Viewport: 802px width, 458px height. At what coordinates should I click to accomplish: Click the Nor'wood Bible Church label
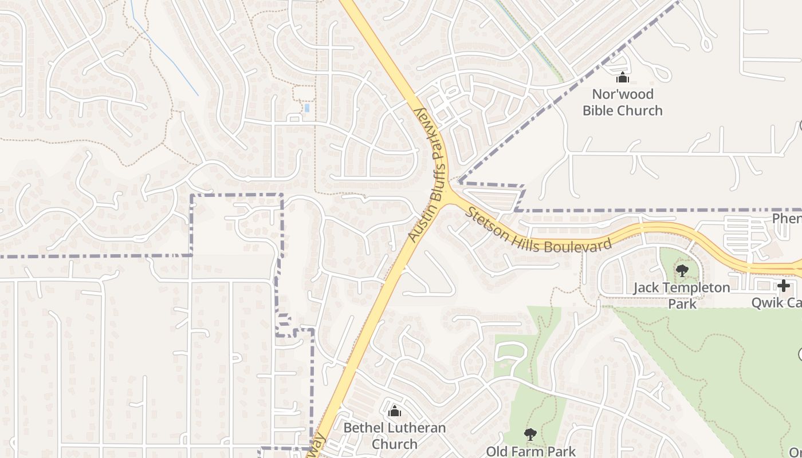623,102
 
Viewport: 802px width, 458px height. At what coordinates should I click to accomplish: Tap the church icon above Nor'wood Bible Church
623,78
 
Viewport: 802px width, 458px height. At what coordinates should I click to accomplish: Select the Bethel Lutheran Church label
394,436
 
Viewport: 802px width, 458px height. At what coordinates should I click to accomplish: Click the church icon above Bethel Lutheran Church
394,411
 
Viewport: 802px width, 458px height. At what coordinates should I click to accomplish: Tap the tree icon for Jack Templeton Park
682,271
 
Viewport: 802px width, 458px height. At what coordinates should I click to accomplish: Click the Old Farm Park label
531,451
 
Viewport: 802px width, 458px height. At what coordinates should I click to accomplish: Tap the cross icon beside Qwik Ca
784,285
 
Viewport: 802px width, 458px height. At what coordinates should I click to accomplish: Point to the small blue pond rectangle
307,108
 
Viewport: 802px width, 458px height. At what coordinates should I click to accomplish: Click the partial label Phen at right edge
787,219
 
